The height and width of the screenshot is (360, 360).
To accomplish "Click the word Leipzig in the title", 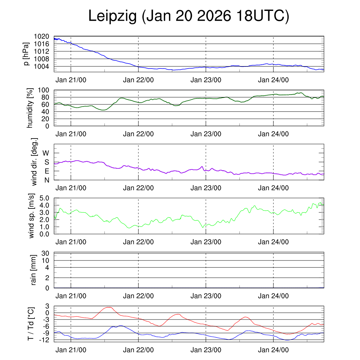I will point(112,17).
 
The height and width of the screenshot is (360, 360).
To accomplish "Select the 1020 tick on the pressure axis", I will point(41,37).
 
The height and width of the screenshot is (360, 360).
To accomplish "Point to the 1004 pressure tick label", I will point(41,66).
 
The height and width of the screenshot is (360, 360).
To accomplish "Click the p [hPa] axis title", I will point(26,54).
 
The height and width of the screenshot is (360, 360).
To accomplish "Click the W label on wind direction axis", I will point(46,153).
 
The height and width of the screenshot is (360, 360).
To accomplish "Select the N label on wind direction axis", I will point(46,180).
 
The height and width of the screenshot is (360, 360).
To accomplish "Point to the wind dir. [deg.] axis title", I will point(34,161).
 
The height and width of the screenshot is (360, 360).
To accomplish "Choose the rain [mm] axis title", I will point(34,270).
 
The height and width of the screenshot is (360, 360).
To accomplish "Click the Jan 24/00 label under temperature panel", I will point(273,350).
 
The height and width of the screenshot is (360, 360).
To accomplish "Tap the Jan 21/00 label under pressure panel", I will point(71,80).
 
